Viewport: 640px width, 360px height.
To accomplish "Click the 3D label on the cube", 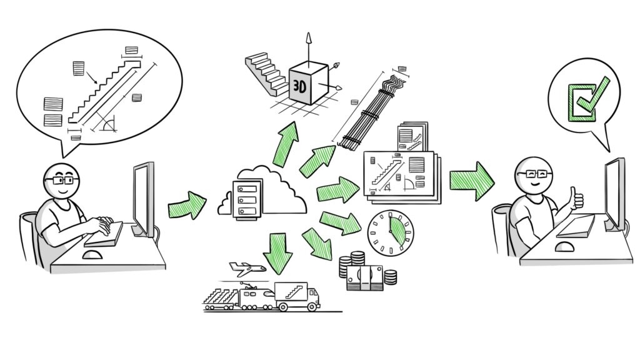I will (300, 88).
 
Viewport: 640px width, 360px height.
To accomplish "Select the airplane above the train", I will (247, 268).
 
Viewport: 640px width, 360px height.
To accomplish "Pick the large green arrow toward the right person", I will (472, 181).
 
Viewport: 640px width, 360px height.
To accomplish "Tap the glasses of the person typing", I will (61, 180).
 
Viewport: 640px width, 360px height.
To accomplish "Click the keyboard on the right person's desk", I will (576, 225).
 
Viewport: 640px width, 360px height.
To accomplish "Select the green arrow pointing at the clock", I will (341, 224).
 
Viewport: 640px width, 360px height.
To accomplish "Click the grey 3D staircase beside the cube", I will (265, 74).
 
